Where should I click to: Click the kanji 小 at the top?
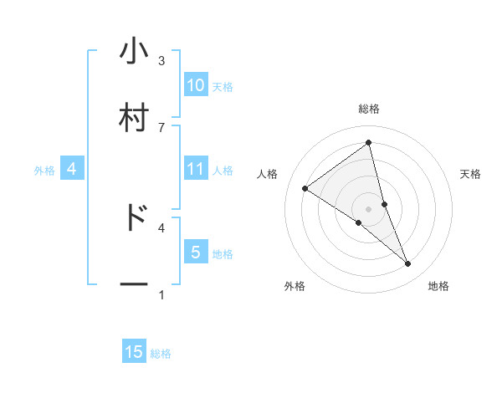(x=134, y=52)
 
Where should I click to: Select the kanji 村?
(x=134, y=117)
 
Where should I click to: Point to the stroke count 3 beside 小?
(x=161, y=61)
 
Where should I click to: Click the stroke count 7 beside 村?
(x=161, y=126)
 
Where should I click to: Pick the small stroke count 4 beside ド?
(x=161, y=227)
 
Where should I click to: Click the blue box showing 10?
(x=196, y=84)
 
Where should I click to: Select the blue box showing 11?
(x=196, y=169)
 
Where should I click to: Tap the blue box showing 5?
(x=196, y=252)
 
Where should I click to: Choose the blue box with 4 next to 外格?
(x=72, y=169)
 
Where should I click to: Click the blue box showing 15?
(x=134, y=352)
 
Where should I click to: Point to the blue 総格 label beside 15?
(x=161, y=354)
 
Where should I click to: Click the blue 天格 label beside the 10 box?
(x=223, y=86)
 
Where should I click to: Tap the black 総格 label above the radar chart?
(x=369, y=109)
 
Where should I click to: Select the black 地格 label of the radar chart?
(x=438, y=286)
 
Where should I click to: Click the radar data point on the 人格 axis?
(x=305, y=188)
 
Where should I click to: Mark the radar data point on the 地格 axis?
(x=408, y=264)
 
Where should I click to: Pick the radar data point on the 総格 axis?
(x=369, y=142)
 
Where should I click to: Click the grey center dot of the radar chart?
(x=369, y=209)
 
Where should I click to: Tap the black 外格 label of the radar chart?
(x=295, y=286)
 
